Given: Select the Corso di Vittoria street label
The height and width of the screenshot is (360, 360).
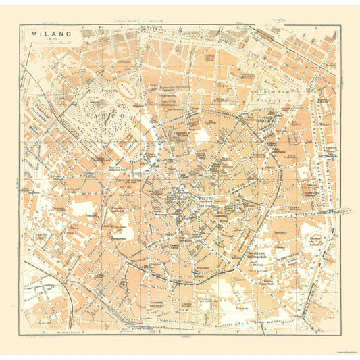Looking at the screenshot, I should pyautogui.click(x=297, y=215).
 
